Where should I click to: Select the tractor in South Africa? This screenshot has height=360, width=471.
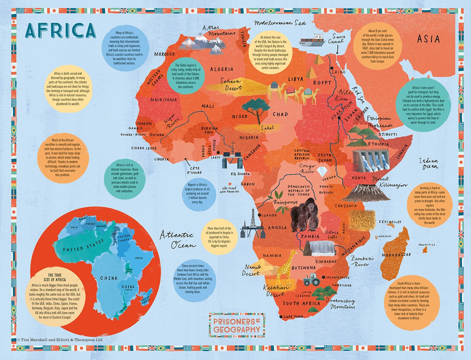(x=311, y=279)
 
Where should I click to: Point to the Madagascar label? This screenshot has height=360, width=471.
(x=396, y=255)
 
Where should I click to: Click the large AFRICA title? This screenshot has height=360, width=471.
(x=60, y=30)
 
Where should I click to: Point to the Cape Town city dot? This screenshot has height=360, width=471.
(x=281, y=317)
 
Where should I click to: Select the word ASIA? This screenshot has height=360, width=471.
(x=428, y=39)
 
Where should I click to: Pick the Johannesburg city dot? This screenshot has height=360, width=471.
(x=323, y=278)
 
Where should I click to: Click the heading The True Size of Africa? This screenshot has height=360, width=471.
(x=55, y=277)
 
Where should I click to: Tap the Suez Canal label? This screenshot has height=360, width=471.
(x=337, y=39)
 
